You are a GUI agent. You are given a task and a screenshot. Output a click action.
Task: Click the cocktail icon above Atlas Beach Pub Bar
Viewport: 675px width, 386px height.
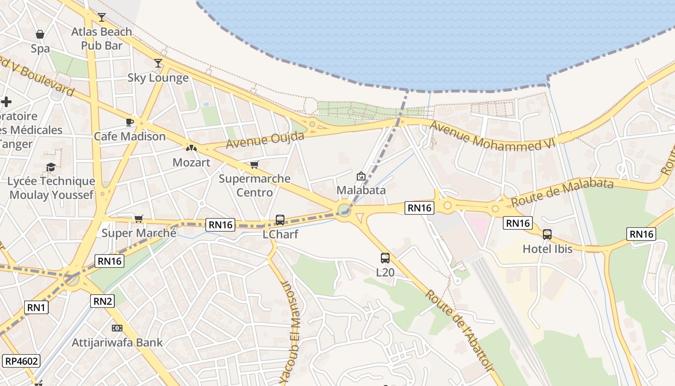pyautogui.click(x=102, y=18)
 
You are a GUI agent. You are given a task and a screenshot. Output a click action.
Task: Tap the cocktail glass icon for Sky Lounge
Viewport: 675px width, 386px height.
pyautogui.click(x=158, y=63)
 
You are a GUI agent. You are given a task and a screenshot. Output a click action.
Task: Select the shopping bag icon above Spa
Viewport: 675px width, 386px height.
pyautogui.click(x=40, y=34)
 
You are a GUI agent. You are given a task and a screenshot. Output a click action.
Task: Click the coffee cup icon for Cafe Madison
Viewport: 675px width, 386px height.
pyautogui.click(x=129, y=122)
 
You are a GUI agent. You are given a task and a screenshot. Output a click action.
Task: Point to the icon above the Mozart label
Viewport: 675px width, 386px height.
pyautogui.click(x=191, y=148)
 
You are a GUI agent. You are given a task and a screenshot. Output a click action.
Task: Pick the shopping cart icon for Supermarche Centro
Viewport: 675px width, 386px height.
pyautogui.click(x=255, y=165)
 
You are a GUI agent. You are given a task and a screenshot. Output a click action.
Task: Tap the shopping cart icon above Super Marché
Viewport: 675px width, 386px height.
pyautogui.click(x=139, y=219)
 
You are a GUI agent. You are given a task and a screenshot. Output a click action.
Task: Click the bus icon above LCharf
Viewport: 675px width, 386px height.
pyautogui.click(x=280, y=220)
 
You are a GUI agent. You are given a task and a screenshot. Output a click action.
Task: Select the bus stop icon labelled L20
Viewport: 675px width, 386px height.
pyautogui.click(x=385, y=258)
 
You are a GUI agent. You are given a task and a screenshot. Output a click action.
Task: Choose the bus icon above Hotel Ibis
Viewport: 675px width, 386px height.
pyautogui.click(x=547, y=234)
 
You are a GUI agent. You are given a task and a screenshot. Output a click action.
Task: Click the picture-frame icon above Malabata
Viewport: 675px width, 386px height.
pyautogui.click(x=361, y=176)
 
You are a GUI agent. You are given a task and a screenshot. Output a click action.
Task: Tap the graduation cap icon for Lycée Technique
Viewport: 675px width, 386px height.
pyautogui.click(x=51, y=167)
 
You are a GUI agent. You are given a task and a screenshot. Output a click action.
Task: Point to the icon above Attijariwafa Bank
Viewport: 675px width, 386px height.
pyautogui.click(x=117, y=328)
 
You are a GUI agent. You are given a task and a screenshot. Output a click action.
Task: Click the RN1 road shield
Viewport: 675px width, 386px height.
pyautogui.click(x=36, y=307)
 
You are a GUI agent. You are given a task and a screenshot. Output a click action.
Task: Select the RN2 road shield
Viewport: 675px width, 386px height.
pyautogui.click(x=103, y=302)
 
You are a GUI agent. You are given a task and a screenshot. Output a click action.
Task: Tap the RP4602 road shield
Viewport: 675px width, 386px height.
pyautogui.click(x=21, y=361)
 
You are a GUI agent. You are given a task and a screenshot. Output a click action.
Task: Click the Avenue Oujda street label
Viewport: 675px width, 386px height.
pyautogui.click(x=265, y=140)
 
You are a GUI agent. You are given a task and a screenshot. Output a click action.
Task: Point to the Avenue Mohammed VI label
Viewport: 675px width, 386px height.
pyautogui.click(x=493, y=136)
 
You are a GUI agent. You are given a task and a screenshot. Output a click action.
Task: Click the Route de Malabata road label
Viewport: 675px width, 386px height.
pyautogui.click(x=562, y=192)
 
